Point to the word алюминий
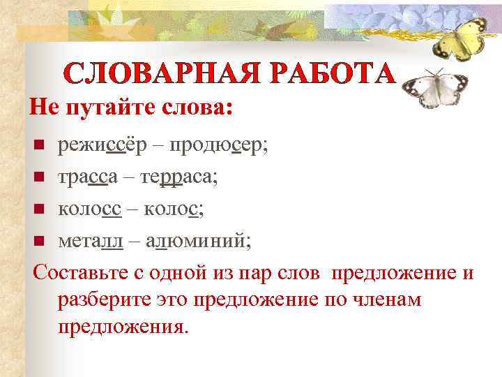click(x=199, y=239)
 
